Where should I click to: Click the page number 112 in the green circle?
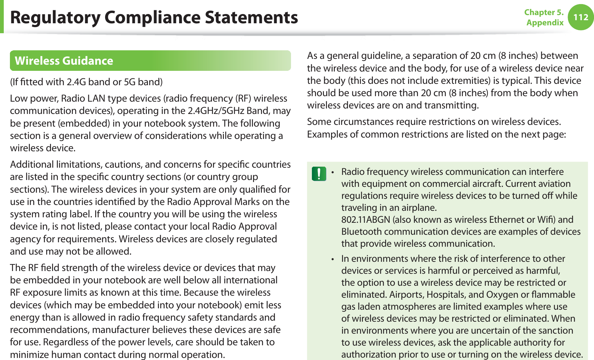(x=581, y=17)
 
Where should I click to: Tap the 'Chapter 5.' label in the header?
(x=544, y=12)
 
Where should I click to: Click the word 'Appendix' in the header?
(x=545, y=23)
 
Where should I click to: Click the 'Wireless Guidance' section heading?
(x=64, y=61)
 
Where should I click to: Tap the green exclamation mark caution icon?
(x=319, y=173)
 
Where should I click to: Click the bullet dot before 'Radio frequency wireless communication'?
(x=332, y=172)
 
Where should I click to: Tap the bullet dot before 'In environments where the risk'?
(x=332, y=259)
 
